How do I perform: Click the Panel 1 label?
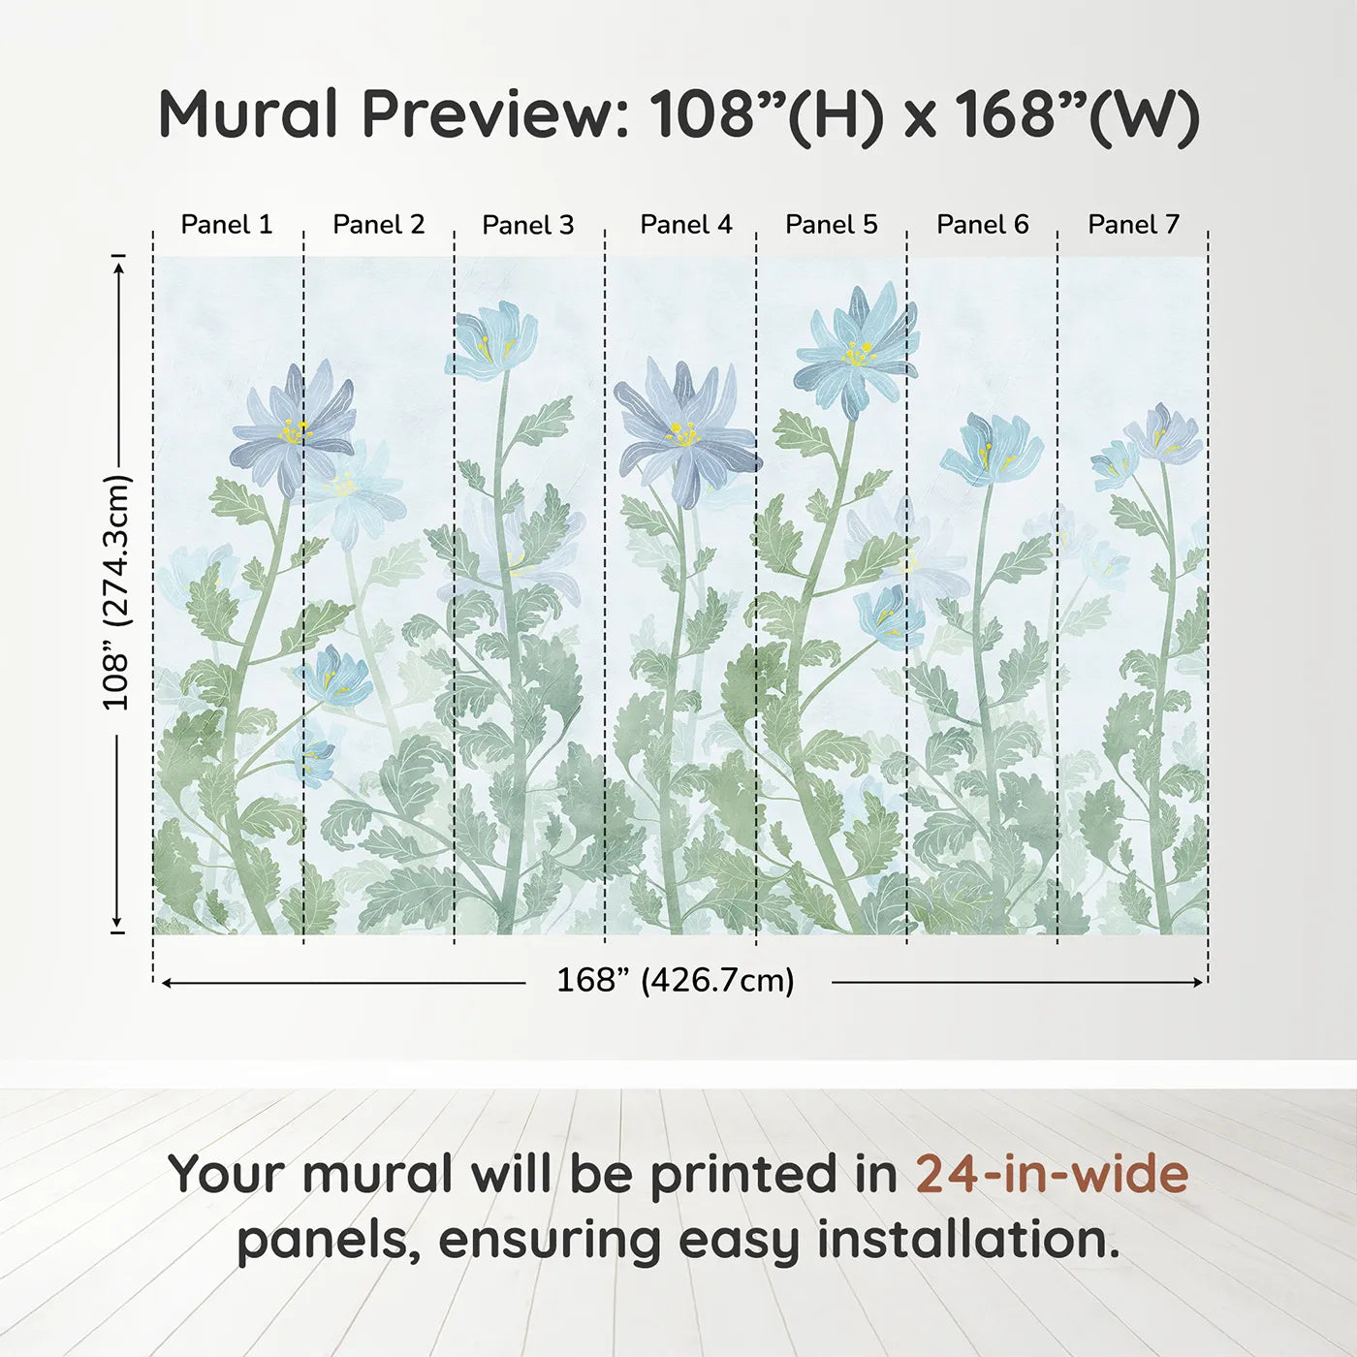[227, 225]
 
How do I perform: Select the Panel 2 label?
[378, 225]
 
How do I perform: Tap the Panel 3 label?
[528, 225]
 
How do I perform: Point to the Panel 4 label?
[685, 225]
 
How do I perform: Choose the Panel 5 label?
[831, 225]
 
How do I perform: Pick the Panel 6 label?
[982, 225]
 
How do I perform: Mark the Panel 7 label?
[1133, 225]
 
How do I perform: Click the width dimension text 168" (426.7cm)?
[675, 981]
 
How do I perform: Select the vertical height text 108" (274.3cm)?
[116, 592]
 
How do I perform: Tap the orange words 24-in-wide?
[1052, 1174]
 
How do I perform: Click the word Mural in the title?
[249, 114]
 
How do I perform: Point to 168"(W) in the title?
[1077, 114]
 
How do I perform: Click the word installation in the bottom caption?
[967, 1240]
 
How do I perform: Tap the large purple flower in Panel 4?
[685, 432]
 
